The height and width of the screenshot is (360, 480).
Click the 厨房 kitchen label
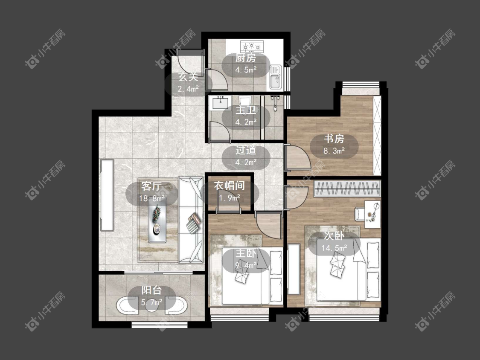click(245, 58)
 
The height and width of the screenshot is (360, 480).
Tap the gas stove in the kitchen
click(251, 46)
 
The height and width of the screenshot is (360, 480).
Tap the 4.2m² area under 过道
click(246, 162)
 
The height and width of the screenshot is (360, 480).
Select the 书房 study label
click(334, 138)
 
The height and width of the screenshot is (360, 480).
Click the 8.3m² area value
click(334, 151)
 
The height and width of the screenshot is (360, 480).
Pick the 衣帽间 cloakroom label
click(229, 186)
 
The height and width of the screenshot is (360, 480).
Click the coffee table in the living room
click(157, 220)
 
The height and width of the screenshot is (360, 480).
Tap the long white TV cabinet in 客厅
click(107, 195)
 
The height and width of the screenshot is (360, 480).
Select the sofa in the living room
click(191, 220)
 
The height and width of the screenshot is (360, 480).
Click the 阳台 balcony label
click(151, 290)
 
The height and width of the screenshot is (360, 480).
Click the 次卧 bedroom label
click(334, 236)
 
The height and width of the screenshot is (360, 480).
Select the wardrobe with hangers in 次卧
click(347, 188)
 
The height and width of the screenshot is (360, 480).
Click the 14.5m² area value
click(334, 248)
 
